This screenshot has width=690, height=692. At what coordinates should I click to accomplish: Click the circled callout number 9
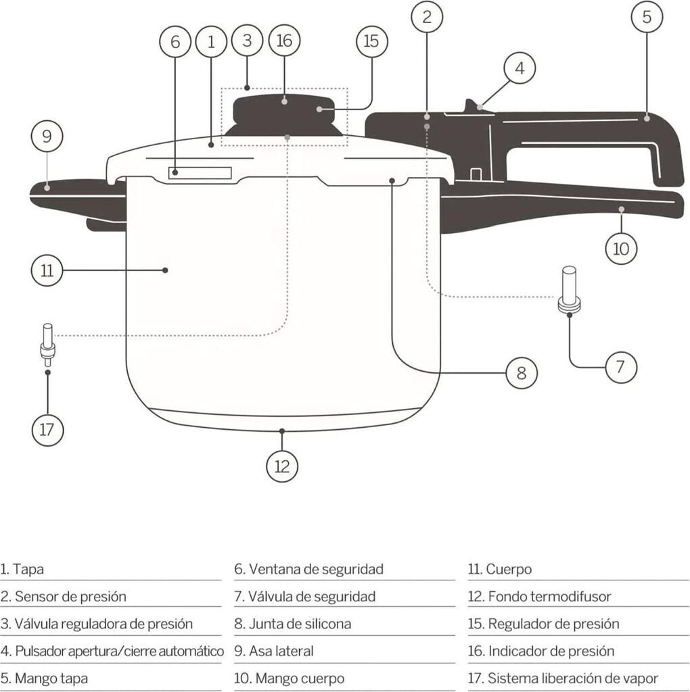coord(47,137)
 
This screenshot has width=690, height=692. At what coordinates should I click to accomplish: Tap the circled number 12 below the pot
coord(282,466)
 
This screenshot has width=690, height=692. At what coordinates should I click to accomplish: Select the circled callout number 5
coord(647,18)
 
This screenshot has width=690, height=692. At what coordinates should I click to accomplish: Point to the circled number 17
coord(47,430)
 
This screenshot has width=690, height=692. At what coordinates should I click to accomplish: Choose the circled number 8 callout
coord(521,373)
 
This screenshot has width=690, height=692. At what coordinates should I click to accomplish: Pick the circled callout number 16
coord(284,41)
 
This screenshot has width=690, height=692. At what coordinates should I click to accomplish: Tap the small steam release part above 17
coord(47,344)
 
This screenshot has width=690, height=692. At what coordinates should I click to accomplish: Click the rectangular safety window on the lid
coord(200,173)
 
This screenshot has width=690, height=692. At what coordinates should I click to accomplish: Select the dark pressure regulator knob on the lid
coord(284,115)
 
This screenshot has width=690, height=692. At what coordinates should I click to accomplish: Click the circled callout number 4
coord(520,68)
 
